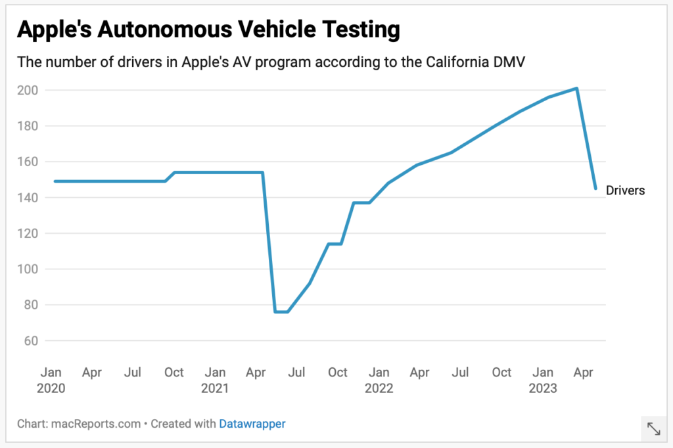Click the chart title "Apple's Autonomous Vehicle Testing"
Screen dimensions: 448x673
tap(208, 30)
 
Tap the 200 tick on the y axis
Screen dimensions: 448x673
tap(28, 90)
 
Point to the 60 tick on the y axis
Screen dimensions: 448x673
tap(30, 341)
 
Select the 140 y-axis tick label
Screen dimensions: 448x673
tap(28, 198)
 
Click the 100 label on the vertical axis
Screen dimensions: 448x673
tap(28, 269)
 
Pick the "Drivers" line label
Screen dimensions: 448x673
tap(625, 190)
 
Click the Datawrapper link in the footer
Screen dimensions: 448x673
tap(252, 424)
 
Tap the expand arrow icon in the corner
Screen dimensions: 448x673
tap(654, 429)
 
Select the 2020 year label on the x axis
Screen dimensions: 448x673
tap(51, 388)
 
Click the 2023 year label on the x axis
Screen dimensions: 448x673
tap(543, 388)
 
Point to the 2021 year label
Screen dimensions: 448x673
tap(215, 388)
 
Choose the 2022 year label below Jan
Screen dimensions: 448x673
tap(379, 388)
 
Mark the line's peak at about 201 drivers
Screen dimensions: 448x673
tap(576, 88)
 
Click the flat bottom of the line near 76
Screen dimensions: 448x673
tap(281, 311)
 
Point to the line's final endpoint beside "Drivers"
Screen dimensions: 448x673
tap(595, 189)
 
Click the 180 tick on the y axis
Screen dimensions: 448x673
tap(28, 126)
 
